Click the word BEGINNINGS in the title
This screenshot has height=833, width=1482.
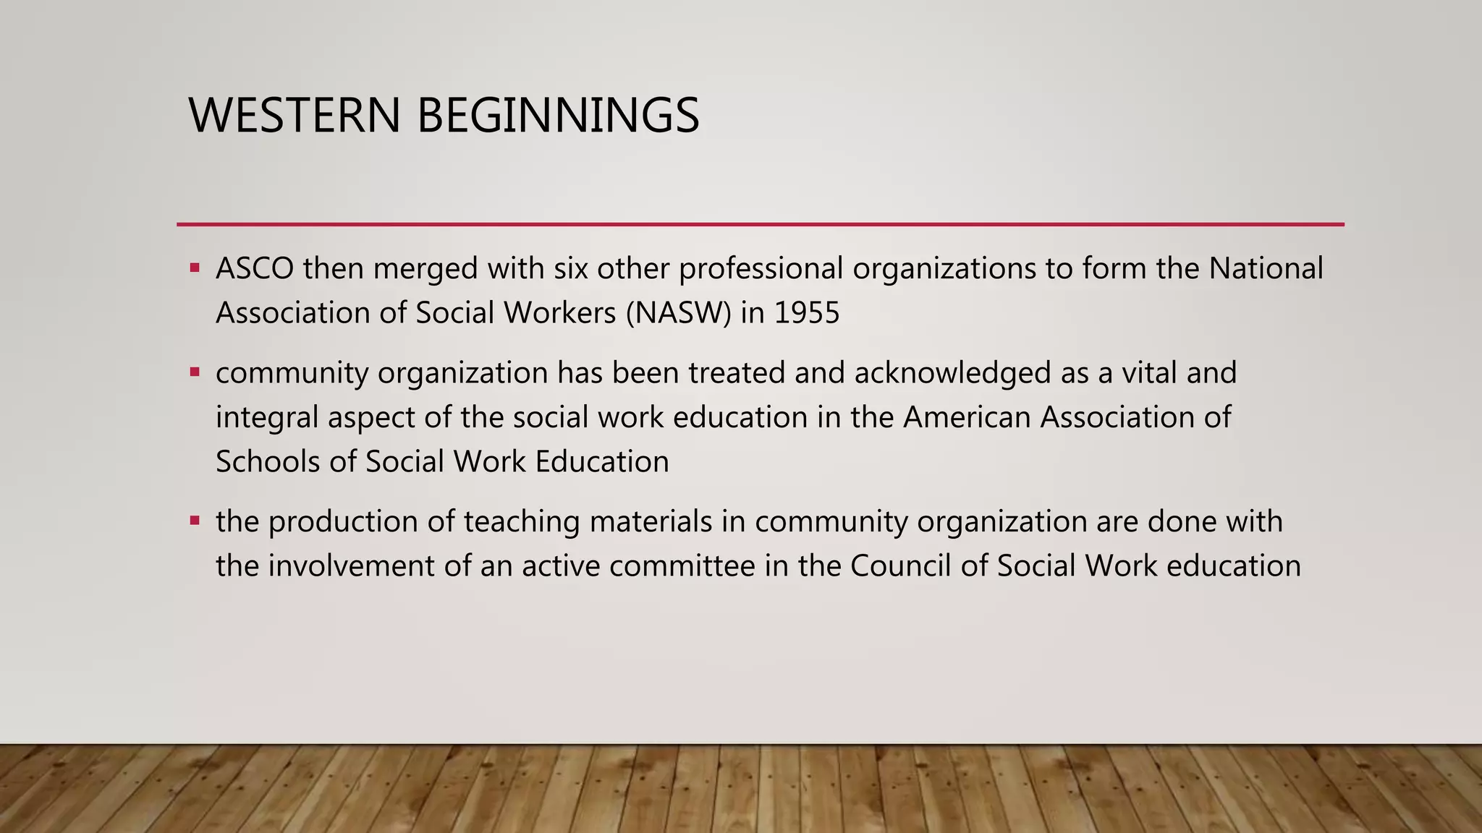coord(558,116)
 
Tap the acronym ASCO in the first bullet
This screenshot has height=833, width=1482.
coord(255,269)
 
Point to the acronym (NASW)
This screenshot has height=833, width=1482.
coord(679,313)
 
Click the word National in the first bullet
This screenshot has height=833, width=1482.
coord(1266,269)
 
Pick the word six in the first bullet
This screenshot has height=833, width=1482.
coord(571,269)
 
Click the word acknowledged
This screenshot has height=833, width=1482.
coord(952,373)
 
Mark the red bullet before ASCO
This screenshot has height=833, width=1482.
coord(195,268)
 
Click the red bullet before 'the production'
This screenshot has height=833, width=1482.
coord(195,521)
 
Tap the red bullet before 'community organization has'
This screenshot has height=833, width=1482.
coord(195,372)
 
